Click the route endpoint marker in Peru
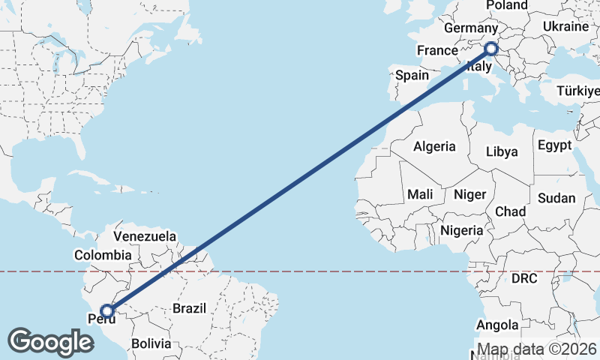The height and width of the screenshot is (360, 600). pyautogui.click(x=107, y=310)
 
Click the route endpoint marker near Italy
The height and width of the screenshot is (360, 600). pyautogui.click(x=491, y=49)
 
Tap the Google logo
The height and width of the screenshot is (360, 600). pyautogui.click(x=51, y=342)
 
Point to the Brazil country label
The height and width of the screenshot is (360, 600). pyautogui.click(x=189, y=307)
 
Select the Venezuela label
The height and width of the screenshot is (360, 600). pyautogui.click(x=145, y=236)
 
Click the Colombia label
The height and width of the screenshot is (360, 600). pyautogui.click(x=103, y=255)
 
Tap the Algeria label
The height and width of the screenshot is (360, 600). pyautogui.click(x=434, y=146)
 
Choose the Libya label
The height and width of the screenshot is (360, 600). pyautogui.click(x=502, y=151)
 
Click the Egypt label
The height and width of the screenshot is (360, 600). pyautogui.click(x=554, y=145)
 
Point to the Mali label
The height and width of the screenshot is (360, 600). pyautogui.click(x=421, y=194)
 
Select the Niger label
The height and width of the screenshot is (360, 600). pyautogui.click(x=470, y=194)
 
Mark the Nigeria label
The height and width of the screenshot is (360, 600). pyautogui.click(x=462, y=230)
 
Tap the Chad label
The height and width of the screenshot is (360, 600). pyautogui.click(x=510, y=211)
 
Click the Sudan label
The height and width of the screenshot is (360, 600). pyautogui.click(x=556, y=199)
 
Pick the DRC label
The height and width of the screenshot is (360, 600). pyautogui.click(x=524, y=278)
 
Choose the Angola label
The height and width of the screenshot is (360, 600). pyautogui.click(x=497, y=325)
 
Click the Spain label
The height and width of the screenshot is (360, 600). pyautogui.click(x=412, y=75)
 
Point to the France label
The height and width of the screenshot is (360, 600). pyautogui.click(x=437, y=50)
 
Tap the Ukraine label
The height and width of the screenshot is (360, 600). pyautogui.click(x=565, y=26)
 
